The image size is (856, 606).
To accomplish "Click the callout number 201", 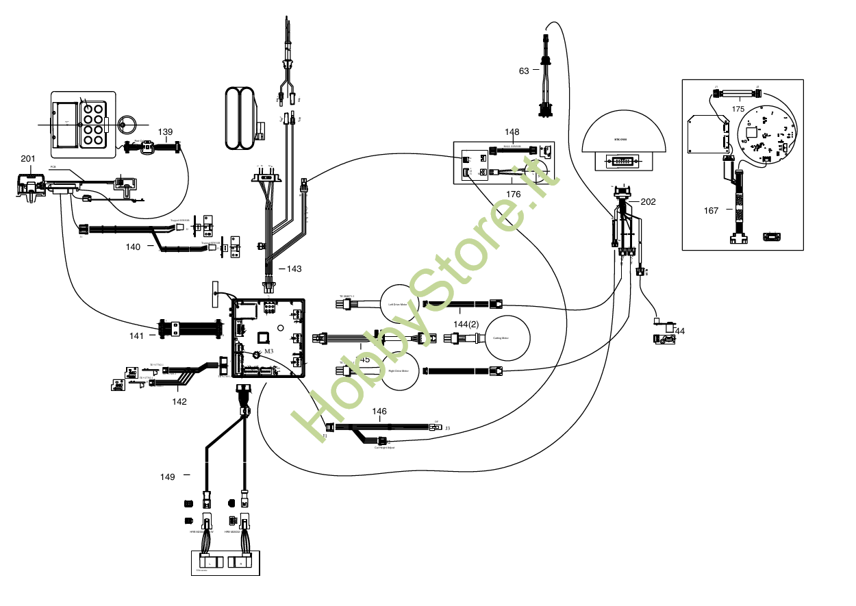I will coord(28,159).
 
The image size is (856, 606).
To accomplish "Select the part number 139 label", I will coord(166,131).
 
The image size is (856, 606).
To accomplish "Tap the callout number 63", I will coord(524,71).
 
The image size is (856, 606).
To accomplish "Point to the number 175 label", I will coord(738,109).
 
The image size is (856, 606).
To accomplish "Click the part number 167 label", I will coord(712,211).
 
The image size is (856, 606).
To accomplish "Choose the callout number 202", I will coord(649,202).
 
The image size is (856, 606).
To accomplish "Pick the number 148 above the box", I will coord(512,132).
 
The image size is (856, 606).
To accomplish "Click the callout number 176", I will coord(514,194).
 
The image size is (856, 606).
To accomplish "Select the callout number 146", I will coord(379,412).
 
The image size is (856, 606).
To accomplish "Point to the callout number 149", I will coord(168,477).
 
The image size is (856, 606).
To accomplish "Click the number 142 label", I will coord(179,402).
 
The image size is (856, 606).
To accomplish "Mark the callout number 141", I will coord(137,336).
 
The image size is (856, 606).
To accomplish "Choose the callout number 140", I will coord(134,247).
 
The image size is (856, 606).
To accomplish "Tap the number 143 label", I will coord(294,269).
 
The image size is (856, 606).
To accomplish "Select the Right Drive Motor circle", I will coord(399,371).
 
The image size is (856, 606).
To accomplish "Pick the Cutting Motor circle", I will coord(507,338).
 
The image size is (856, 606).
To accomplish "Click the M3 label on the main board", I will coord(269,351).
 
